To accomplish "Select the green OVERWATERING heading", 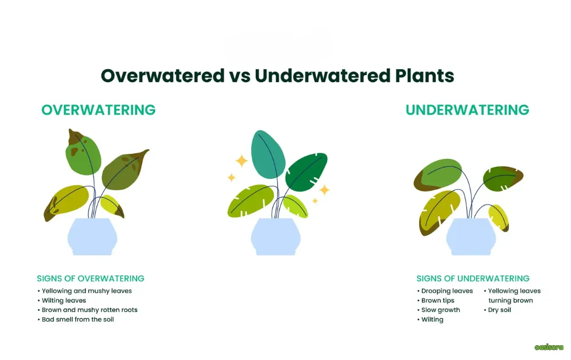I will coord(98,110).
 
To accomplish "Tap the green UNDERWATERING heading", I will coord(467,110).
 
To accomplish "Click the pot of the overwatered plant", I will coord(93,237).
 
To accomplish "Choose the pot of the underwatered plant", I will coord(471,237).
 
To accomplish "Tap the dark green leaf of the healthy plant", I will coord(306,171).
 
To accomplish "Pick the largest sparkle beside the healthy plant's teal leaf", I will coord(242,161).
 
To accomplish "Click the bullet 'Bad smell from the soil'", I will coord(78,319).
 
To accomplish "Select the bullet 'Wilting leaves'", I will coord(64,300).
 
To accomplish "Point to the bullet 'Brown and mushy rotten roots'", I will coord(90,310).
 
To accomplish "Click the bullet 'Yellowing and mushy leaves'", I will coord(87,291).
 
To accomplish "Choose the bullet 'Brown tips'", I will coord(438,301).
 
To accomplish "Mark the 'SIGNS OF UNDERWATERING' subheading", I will coord(473,278).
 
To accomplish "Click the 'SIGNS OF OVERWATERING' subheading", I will coord(90,278).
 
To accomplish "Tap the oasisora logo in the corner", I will coord(549,347).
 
